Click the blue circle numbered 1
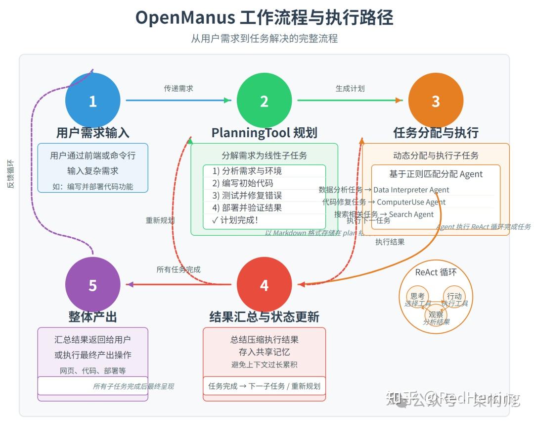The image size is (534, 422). click(x=92, y=101)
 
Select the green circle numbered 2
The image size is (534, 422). click(x=264, y=101)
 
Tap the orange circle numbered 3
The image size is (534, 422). click(x=436, y=101)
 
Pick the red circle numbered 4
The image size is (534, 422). click(x=264, y=285)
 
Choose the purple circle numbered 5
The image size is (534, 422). click(x=92, y=285)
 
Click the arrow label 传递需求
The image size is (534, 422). click(x=178, y=88)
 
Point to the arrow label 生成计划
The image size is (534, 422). click(x=350, y=88)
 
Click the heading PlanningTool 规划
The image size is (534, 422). click(x=264, y=133)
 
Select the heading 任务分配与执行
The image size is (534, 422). click(x=436, y=133)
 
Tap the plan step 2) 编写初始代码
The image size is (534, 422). click(x=243, y=183)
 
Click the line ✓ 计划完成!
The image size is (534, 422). click(x=235, y=220)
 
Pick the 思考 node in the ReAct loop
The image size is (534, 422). click(x=417, y=296)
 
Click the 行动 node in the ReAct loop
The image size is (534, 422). click(x=454, y=296)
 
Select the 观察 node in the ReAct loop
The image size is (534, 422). click(x=436, y=314)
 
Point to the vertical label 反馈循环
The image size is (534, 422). click(x=11, y=173)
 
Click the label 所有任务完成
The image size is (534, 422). click(x=178, y=269)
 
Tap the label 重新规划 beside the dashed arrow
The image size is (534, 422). click(x=160, y=220)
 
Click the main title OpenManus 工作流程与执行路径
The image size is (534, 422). click(x=264, y=18)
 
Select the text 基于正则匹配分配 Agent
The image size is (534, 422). click(x=436, y=174)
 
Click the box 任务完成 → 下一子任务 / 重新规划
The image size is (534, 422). click(x=264, y=386)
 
